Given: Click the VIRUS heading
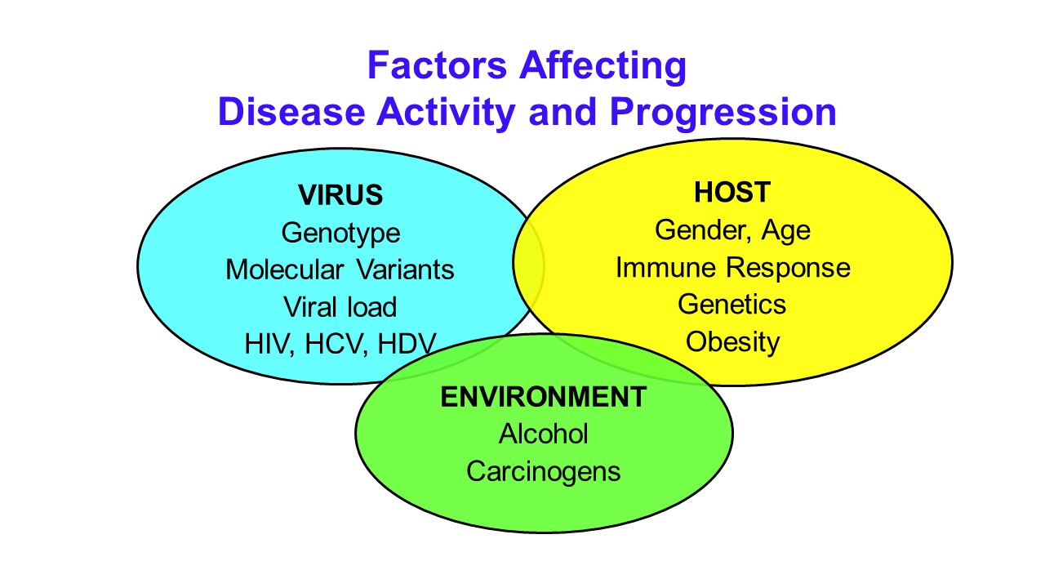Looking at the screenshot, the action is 340,194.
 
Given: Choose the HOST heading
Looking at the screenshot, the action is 732,192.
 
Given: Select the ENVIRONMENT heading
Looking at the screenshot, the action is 544,397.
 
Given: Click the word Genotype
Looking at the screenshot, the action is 340,234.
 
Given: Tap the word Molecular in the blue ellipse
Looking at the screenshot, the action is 285,269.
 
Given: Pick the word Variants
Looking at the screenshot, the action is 406,269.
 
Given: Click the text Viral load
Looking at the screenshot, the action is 340,307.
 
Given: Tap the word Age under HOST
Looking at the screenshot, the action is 786,231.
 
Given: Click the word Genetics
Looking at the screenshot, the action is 732,305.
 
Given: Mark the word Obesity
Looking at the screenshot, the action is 732,342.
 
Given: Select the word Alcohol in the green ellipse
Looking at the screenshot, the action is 544,434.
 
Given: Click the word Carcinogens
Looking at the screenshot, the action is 544,472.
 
